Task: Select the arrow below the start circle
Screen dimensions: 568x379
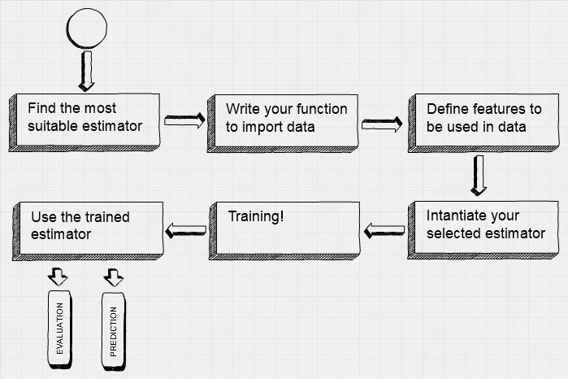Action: (x=87, y=71)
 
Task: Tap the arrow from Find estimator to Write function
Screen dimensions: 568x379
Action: (x=184, y=120)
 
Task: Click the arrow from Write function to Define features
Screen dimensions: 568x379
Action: (x=382, y=124)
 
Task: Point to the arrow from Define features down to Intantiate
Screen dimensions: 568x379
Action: (x=479, y=176)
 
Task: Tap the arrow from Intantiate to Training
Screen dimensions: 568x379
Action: (x=384, y=231)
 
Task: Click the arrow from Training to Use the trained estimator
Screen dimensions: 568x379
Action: (x=186, y=231)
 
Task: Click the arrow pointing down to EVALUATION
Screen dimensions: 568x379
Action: (x=58, y=277)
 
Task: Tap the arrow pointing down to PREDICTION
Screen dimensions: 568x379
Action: (x=114, y=277)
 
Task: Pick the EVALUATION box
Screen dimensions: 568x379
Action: (x=60, y=329)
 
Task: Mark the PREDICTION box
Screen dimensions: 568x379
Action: (x=114, y=332)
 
